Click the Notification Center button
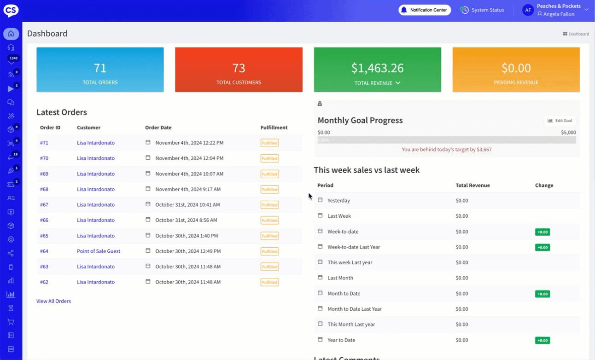(425, 10)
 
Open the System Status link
(482, 10)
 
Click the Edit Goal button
(560, 121)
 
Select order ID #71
(44, 143)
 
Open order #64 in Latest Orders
(44, 251)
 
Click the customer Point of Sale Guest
(99, 251)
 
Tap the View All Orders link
(53, 301)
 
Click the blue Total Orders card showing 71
(100, 70)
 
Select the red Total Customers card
(239, 70)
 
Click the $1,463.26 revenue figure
(377, 68)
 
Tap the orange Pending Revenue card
(516, 70)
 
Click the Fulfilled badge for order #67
(269, 205)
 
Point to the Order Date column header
(158, 128)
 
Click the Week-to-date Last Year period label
(354, 247)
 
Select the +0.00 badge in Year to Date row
(542, 341)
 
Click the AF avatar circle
(528, 10)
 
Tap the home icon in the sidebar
(11, 34)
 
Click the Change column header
(544, 186)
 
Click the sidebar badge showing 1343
(13, 58)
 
